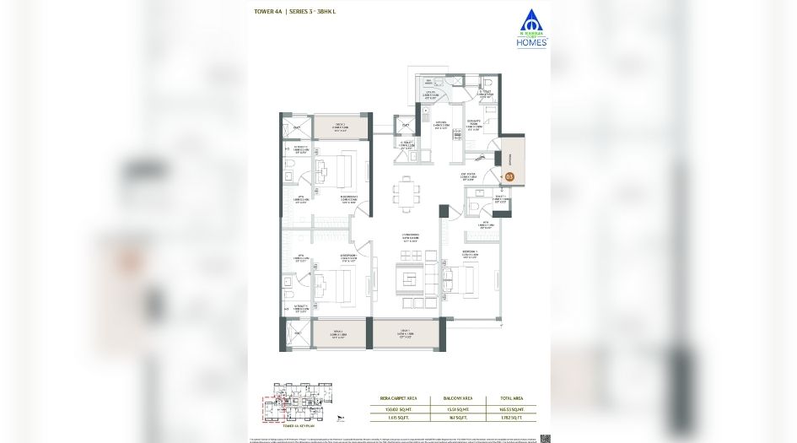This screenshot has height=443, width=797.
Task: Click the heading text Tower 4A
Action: tap(267, 12)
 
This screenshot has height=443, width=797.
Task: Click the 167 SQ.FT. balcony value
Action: tap(459, 417)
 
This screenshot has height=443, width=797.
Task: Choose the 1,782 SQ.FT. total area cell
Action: tap(520, 417)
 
